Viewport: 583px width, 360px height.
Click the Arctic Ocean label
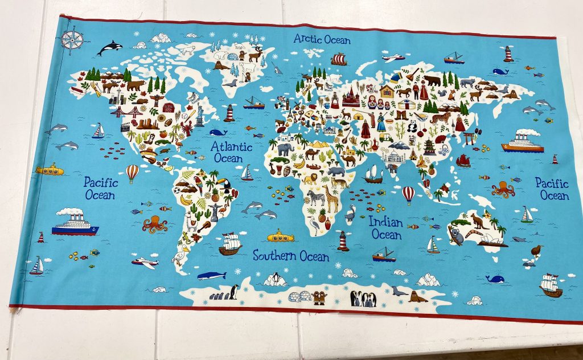322,40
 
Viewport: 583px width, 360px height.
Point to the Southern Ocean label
291,256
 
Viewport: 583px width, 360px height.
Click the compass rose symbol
72,40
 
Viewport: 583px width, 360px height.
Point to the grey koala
456,234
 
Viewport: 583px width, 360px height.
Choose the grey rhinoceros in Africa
336,171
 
